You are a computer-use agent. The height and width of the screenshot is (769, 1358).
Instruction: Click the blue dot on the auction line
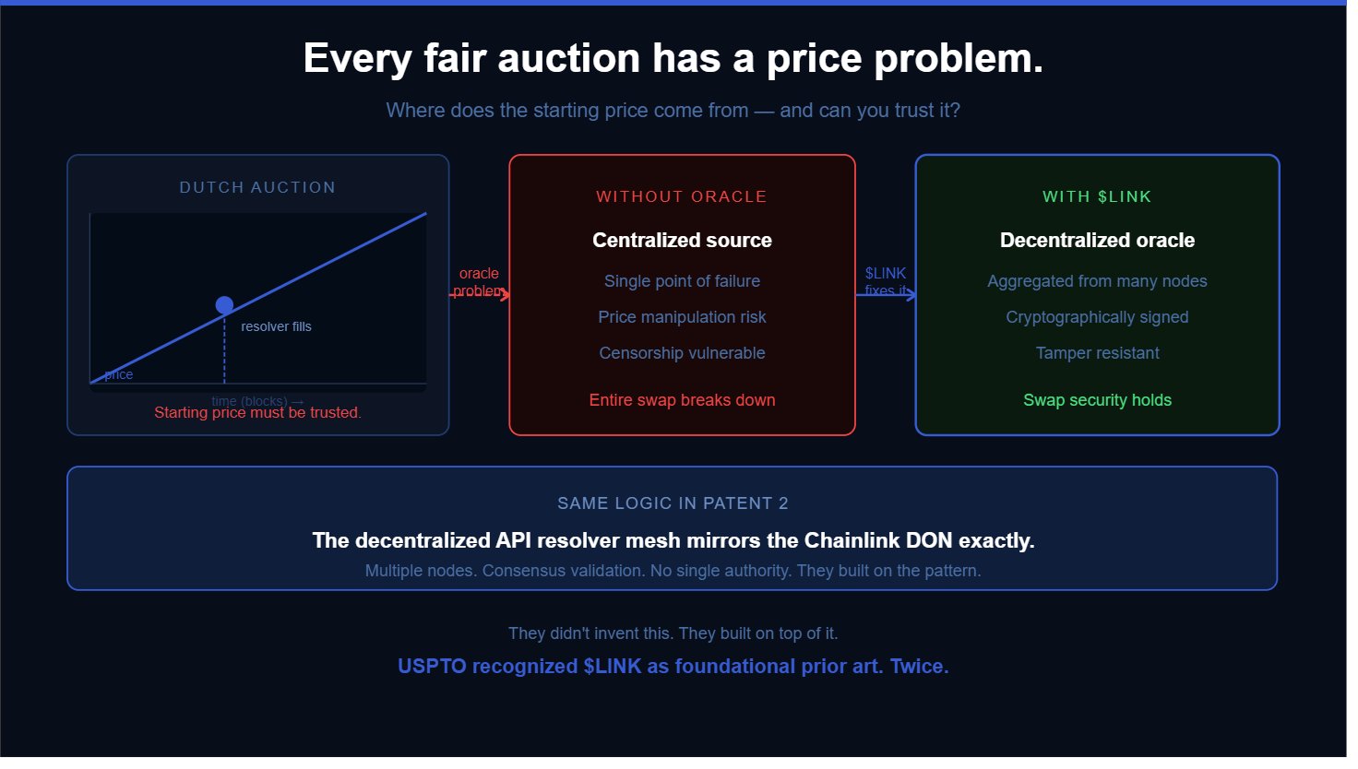click(x=224, y=305)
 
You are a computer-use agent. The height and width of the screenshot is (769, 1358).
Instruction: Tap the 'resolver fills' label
click(x=276, y=326)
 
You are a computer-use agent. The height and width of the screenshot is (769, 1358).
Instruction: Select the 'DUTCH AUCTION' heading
click(x=257, y=187)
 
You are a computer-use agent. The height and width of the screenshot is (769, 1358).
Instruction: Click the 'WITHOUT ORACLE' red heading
click(x=682, y=196)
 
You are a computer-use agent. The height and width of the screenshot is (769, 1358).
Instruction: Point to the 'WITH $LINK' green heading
click(x=1097, y=196)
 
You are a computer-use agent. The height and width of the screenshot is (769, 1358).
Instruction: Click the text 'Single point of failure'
click(x=682, y=281)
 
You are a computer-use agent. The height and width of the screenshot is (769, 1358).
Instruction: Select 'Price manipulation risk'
click(x=682, y=317)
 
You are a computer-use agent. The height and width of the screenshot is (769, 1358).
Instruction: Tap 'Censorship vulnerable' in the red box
click(x=682, y=353)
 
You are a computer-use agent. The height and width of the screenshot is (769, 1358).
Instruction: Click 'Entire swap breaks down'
click(x=682, y=400)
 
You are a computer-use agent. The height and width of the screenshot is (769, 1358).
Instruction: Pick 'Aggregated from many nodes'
click(x=1097, y=281)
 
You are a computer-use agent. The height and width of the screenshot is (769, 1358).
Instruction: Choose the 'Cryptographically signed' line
click(x=1097, y=317)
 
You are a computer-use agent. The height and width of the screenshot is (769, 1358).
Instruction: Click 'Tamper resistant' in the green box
click(x=1097, y=353)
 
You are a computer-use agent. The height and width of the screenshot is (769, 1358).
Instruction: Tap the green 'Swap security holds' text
click(x=1097, y=400)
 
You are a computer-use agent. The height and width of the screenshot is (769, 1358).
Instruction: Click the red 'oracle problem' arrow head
click(x=506, y=294)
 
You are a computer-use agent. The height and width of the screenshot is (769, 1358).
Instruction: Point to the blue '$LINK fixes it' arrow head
click(x=911, y=294)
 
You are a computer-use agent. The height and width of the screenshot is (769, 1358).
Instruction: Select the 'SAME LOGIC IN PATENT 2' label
click(x=673, y=503)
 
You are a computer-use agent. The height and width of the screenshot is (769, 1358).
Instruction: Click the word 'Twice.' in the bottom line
click(x=919, y=667)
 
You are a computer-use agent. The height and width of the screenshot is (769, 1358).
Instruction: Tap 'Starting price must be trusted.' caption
click(x=257, y=413)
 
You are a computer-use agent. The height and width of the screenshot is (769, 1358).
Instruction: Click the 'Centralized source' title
click(x=682, y=241)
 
